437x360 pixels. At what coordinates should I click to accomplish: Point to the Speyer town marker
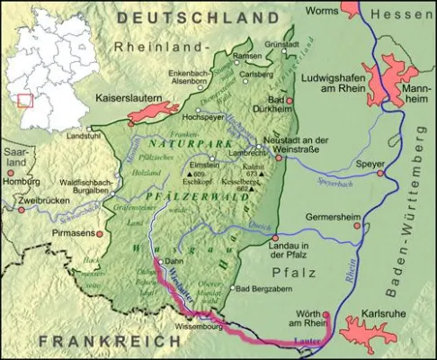[380, 173]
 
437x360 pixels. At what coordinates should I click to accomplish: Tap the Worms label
[325, 9]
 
